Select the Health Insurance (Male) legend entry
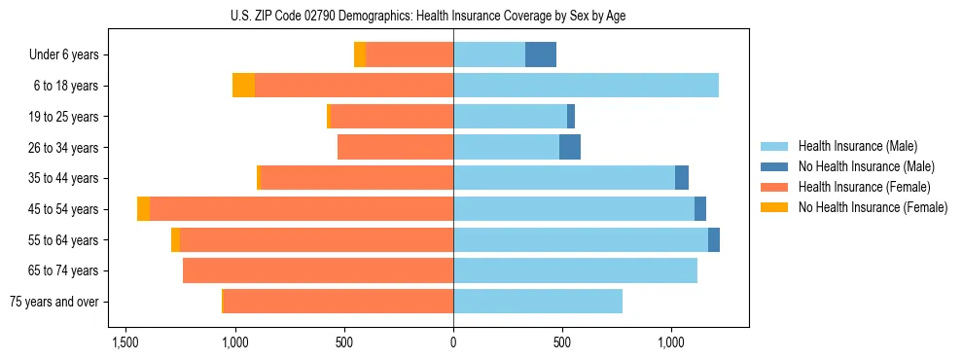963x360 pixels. coord(857,146)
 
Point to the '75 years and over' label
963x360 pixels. coord(54,302)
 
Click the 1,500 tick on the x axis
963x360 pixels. coord(125,342)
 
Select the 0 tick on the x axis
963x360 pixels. coord(453,342)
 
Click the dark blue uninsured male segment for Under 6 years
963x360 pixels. coord(541,54)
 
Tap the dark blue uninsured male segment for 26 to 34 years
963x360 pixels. coord(570,147)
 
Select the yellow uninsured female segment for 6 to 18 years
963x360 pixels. coord(243,86)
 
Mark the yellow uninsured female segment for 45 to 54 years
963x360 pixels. coord(144,209)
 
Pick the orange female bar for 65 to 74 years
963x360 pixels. coord(318,270)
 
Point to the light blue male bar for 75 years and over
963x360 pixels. coord(538,302)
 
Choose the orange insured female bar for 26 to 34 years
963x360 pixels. coord(395,147)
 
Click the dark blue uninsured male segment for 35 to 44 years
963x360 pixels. coord(682,178)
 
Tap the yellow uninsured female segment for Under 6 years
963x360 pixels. coord(360,54)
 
